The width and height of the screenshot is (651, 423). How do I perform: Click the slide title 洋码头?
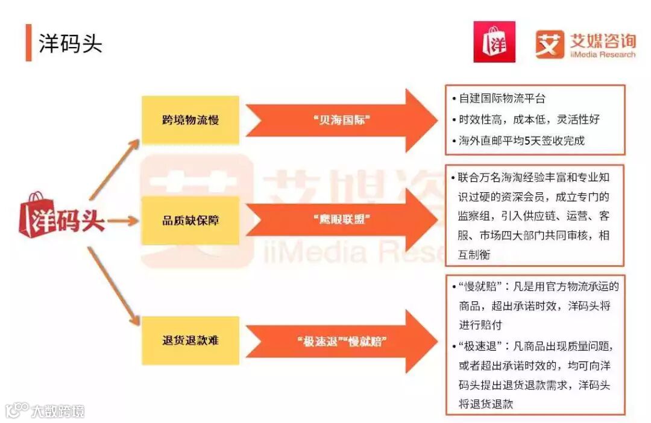click(x=71, y=43)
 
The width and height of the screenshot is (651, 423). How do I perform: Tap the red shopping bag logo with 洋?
click(x=494, y=42)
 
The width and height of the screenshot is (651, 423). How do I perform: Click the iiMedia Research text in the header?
click(x=602, y=54)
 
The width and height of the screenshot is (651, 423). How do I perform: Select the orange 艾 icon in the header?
click(x=550, y=43)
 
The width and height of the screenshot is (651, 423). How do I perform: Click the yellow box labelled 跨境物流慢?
click(x=190, y=119)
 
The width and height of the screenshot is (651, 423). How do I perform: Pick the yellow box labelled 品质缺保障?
click(x=190, y=220)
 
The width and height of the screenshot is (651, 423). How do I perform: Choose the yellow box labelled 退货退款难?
click(x=190, y=340)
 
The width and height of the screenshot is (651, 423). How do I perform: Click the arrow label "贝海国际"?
click(x=342, y=120)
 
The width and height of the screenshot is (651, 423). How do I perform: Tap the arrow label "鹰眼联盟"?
click(x=342, y=220)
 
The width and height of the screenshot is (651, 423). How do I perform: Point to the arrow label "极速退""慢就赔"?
click(x=342, y=342)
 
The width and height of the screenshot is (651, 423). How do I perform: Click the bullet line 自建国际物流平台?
click(x=502, y=98)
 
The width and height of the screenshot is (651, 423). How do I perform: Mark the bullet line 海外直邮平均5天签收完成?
click(x=521, y=141)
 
